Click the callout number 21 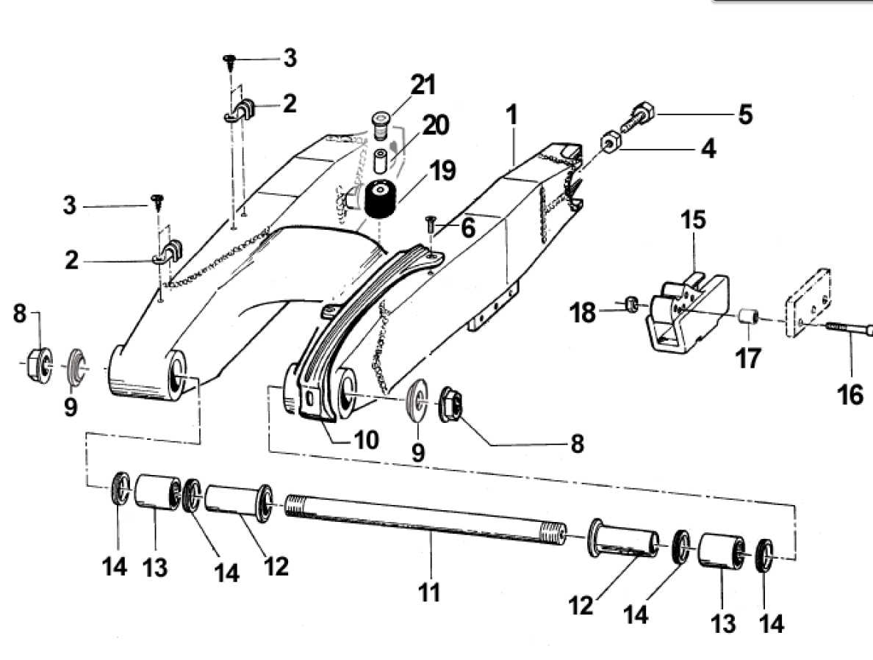(423, 85)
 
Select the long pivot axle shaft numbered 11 (426, 519)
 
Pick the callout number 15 (693, 220)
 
